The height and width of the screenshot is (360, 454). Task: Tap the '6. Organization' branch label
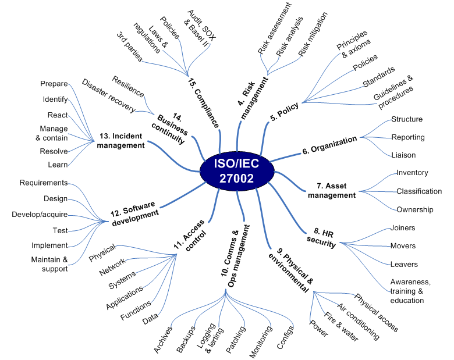pyautogui.click(x=329, y=145)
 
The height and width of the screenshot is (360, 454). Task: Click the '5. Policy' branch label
pyautogui.click(x=285, y=111)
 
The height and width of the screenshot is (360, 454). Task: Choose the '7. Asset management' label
pyautogui.click(x=336, y=190)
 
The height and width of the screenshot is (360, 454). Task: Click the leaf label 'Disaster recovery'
pyautogui.click(x=108, y=96)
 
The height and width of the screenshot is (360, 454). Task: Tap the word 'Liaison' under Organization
pyautogui.click(x=404, y=155)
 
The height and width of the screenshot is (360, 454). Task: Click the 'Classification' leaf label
pyautogui.click(x=419, y=191)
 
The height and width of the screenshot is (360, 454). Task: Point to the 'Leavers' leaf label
pyautogui.click(x=403, y=264)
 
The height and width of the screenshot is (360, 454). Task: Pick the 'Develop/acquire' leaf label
pyautogui.click(x=40, y=215)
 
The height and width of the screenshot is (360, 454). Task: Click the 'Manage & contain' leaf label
pyautogui.click(x=54, y=133)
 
